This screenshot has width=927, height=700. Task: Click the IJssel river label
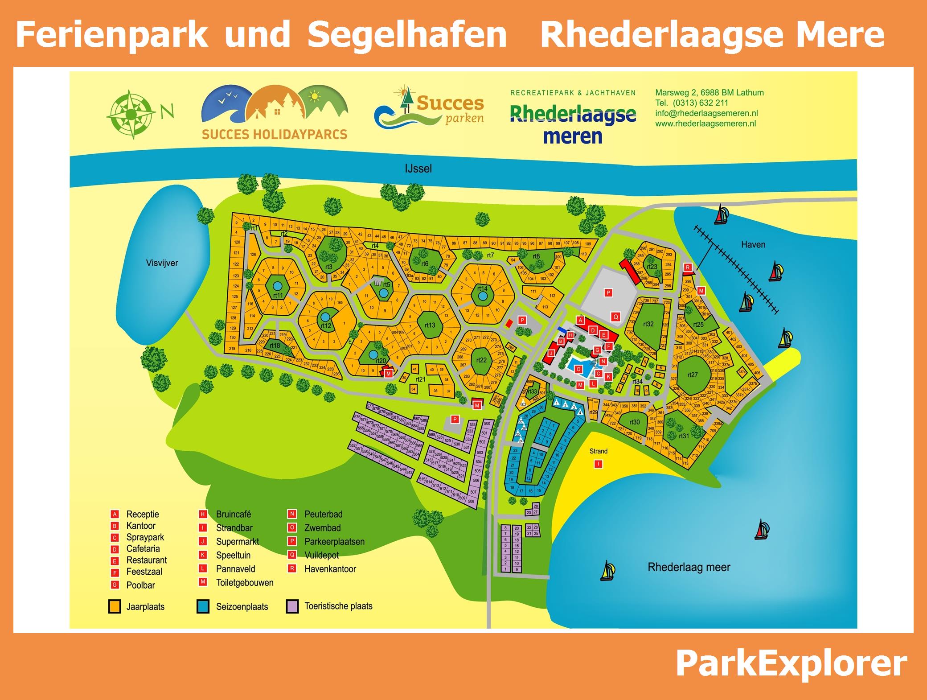tap(418, 169)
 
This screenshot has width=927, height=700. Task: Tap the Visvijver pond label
tap(162, 263)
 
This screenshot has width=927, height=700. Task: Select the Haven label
tap(753, 244)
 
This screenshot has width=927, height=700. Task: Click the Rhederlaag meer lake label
tap(689, 567)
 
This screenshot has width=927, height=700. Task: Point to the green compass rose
tap(131, 115)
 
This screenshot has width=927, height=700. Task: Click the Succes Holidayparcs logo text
tap(274, 134)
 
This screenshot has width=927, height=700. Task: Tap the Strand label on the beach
tap(598, 451)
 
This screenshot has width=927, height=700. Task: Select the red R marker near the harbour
tap(688, 268)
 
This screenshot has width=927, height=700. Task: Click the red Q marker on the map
tap(616, 317)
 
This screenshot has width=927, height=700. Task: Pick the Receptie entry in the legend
tap(143, 514)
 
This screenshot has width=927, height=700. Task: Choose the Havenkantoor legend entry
tap(330, 569)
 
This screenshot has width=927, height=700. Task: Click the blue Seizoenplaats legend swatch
tap(203, 606)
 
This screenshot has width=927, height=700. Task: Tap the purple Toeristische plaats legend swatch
tap(292, 606)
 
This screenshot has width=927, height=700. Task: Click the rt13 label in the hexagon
tap(430, 325)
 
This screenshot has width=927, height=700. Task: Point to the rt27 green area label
tap(692, 375)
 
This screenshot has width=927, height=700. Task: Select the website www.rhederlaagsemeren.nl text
tap(706, 124)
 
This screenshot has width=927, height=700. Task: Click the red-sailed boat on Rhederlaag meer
tap(762, 530)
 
